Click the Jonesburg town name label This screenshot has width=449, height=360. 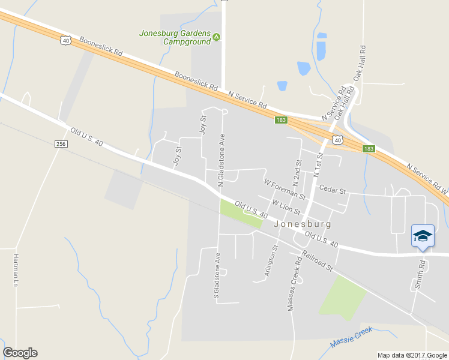[x=302, y=223]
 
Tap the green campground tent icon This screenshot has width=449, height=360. [x=217, y=37]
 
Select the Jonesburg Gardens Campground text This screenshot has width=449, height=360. [x=175, y=37]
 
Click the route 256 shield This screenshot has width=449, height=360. [x=61, y=144]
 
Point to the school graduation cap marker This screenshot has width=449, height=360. [x=423, y=235]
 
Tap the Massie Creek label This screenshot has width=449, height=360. [x=351, y=338]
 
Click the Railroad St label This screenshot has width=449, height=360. [x=318, y=262]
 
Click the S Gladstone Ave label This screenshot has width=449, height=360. [x=218, y=278]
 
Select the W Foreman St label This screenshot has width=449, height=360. [x=285, y=189]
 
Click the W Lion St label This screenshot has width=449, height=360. [x=286, y=208]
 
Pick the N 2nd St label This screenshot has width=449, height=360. [x=297, y=172]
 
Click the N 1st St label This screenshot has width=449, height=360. [x=318, y=166]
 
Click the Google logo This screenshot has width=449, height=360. [x=20, y=353]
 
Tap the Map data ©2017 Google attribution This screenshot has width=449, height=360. [x=412, y=355]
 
